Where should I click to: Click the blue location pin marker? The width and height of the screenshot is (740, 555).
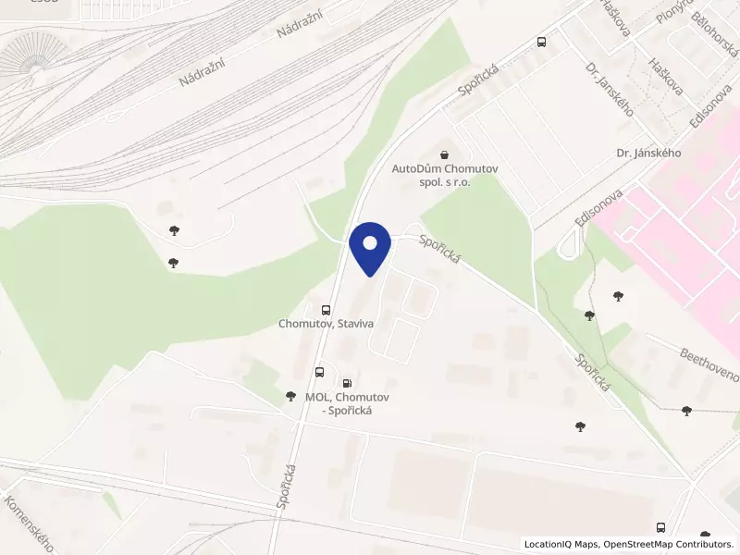point(371,247)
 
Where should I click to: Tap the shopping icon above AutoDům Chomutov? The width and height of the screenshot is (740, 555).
point(444,154)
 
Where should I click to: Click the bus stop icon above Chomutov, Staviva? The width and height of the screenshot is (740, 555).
point(325,309)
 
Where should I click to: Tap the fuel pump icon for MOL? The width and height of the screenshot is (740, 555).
point(347,381)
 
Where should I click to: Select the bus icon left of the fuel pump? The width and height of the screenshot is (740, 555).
point(319,372)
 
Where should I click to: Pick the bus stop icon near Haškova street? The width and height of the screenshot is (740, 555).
point(541,42)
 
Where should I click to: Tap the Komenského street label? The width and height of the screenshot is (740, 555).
point(27,524)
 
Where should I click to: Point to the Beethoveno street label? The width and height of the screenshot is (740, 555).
point(709,365)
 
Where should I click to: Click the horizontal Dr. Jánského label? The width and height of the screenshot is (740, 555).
point(648,153)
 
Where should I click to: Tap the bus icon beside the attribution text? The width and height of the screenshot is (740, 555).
point(660,526)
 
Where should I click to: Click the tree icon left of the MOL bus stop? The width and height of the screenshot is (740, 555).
point(290,396)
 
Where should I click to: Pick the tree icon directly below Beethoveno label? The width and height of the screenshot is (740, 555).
point(685,410)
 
